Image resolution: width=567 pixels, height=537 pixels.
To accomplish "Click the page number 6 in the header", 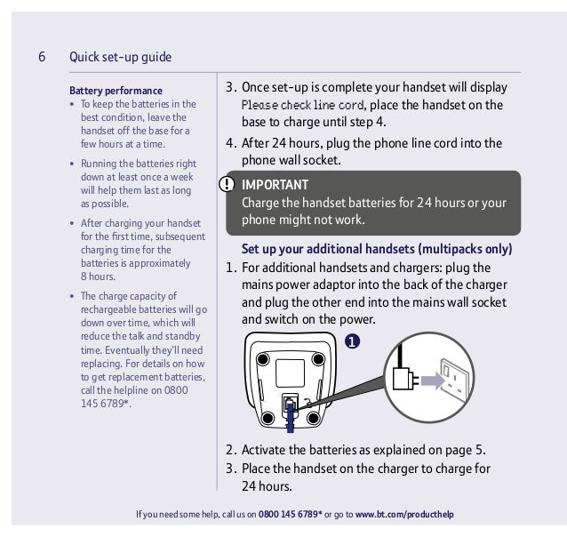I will pyautogui.click(x=42, y=58).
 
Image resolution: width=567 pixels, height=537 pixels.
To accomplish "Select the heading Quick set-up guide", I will pyautogui.click(x=120, y=58).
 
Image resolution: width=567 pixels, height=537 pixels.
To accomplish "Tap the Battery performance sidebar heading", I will pyautogui.click(x=116, y=91).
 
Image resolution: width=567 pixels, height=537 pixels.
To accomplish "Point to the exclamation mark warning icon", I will pyautogui.click(x=228, y=185).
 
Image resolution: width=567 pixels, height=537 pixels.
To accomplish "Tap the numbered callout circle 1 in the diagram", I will pyautogui.click(x=352, y=341).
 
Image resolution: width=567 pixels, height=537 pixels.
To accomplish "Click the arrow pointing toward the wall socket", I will pyautogui.click(x=432, y=381).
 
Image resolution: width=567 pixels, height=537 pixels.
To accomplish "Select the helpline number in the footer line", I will pyautogui.click(x=290, y=515).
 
